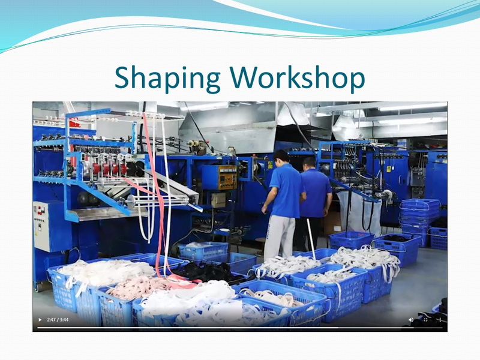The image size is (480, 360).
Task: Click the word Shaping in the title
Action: click(167, 78)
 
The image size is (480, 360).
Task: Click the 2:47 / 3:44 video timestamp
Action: click(58, 320)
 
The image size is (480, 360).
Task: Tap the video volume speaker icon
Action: click(411, 320)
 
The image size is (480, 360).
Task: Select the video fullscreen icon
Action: click(425, 320)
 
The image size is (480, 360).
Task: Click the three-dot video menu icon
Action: click(440, 320)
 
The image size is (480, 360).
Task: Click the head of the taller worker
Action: click(281, 157)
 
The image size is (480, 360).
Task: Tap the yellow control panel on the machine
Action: click(228, 177)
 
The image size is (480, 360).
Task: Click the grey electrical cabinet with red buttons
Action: click(41, 226)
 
